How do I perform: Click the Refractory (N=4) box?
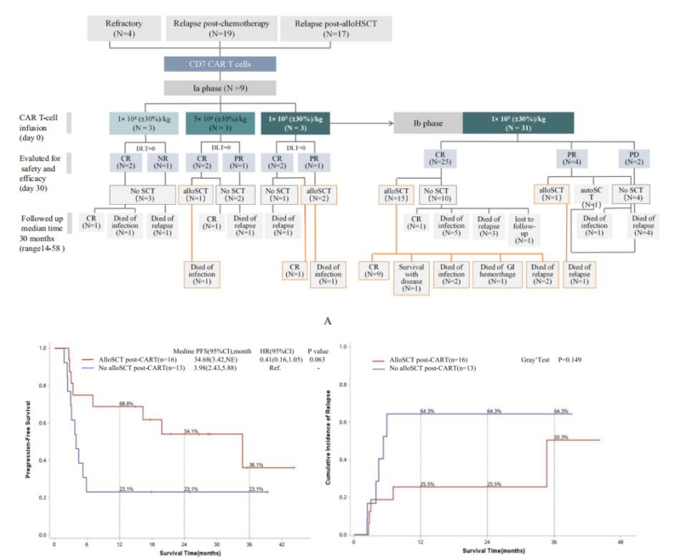point(123,28)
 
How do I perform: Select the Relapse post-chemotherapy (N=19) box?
point(221,28)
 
